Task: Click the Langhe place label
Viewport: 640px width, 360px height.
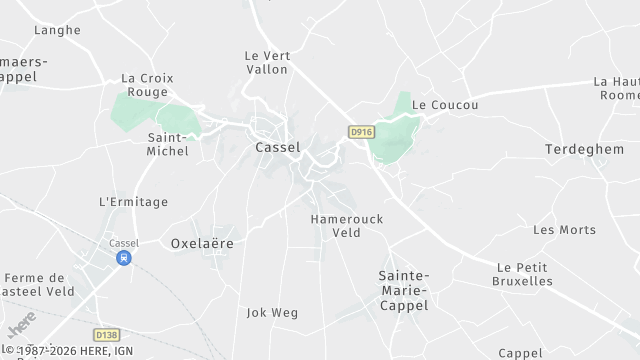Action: point(57,30)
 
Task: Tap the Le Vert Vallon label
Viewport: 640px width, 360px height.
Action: point(267,63)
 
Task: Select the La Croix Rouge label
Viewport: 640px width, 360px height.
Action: point(147,85)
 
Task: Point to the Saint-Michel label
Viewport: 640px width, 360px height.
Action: point(168,144)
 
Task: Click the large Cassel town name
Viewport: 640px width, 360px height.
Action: point(278,147)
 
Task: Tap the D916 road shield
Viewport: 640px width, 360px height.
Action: point(361,131)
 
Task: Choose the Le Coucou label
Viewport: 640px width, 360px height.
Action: point(445,104)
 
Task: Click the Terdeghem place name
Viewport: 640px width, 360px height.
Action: point(584,149)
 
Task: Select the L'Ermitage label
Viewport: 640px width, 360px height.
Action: point(134,202)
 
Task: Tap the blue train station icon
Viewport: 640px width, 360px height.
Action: point(124,258)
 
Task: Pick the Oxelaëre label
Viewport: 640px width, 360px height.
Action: point(202,243)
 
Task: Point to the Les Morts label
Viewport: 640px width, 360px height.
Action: point(564,230)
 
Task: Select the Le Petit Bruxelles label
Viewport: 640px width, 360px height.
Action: point(523,274)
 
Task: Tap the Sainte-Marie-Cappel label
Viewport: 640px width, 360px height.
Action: point(404,290)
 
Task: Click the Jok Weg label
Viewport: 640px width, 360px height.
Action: point(272,313)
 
